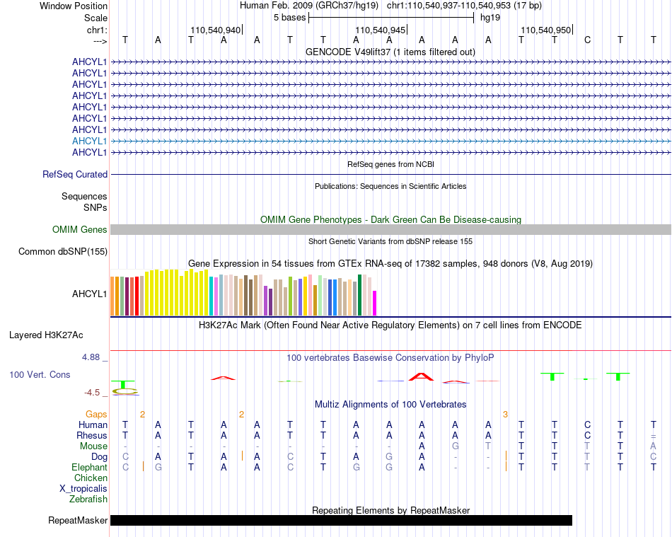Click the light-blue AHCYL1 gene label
click(x=89, y=141)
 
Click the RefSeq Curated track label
click(x=75, y=175)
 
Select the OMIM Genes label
click(x=80, y=230)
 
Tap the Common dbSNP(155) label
click(x=62, y=252)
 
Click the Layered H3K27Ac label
click(x=46, y=335)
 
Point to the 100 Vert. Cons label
click(x=40, y=374)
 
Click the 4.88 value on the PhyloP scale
click(x=91, y=357)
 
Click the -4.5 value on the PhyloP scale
click(x=92, y=393)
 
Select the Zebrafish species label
click(x=88, y=500)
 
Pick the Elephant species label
click(x=89, y=467)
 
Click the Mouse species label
click(x=93, y=446)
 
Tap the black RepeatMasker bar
click(x=341, y=520)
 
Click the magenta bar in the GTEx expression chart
click(x=375, y=303)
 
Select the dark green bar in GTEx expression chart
click(x=360, y=295)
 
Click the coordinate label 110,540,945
click(x=380, y=30)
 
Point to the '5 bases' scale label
click(x=290, y=18)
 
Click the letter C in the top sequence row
click(x=588, y=40)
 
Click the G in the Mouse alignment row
click(x=455, y=446)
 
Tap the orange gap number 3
click(x=505, y=415)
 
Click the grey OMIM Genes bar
click(x=391, y=230)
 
